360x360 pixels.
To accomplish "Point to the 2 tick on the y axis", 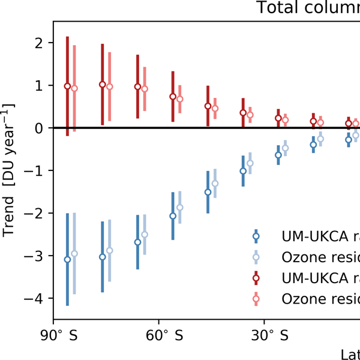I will (39, 43).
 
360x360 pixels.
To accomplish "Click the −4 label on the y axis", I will (35, 299).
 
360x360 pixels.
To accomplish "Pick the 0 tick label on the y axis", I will (39, 128).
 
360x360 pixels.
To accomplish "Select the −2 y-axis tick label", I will (35, 214).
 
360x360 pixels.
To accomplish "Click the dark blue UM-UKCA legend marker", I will (256, 236).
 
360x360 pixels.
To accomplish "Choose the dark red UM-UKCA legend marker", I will (256, 278).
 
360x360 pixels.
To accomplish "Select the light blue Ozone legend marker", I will (256, 257).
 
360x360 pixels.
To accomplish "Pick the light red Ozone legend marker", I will (256, 298).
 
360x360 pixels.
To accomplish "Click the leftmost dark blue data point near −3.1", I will (67, 259).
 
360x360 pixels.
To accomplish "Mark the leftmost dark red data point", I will (67, 86).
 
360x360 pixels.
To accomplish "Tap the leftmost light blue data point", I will (74, 254).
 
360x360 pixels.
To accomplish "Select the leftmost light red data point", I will (74, 88).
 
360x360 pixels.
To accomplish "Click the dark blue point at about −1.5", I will (208, 192).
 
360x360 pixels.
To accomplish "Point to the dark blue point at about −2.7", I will (137, 242).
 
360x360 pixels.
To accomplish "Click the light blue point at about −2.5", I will (145, 235).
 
